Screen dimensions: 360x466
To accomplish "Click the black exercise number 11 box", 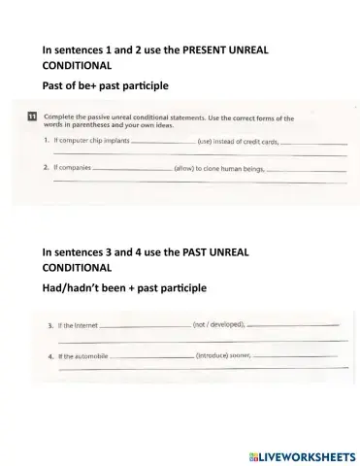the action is [x=33, y=118].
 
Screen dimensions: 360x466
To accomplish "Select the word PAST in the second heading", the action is [x=202, y=251].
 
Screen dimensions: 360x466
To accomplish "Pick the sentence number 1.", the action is [x=47, y=143].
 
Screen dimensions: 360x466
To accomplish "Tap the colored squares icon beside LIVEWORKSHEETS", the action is [x=252, y=453].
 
